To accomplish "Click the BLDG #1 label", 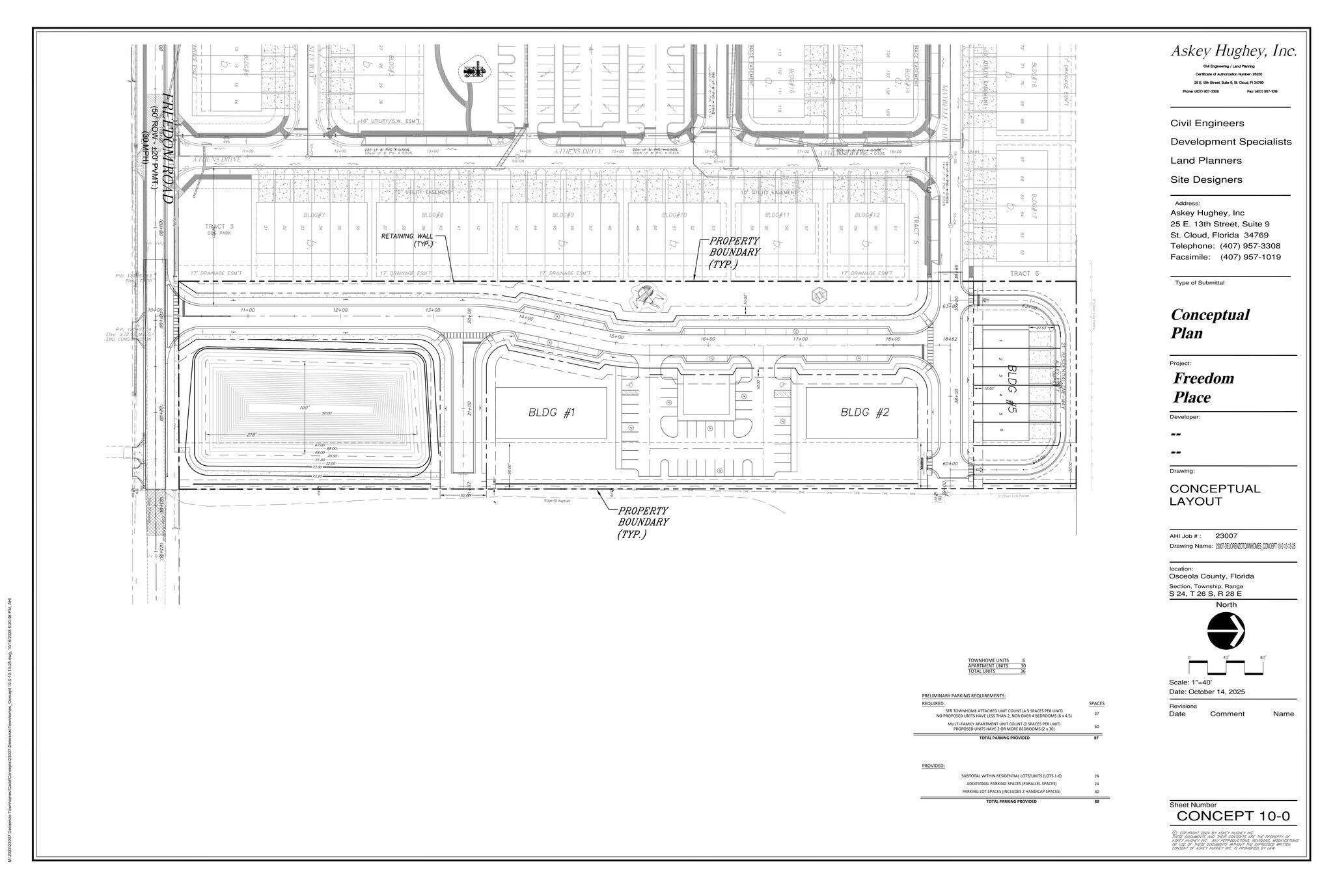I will pyautogui.click(x=551, y=412).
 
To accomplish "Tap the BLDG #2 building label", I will pyautogui.click(x=864, y=412).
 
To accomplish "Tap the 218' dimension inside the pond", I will pyautogui.click(x=253, y=435).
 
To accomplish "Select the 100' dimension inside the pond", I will pyautogui.click(x=303, y=407).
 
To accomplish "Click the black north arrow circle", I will pyautogui.click(x=1226, y=630).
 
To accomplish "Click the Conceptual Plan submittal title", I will pyautogui.click(x=1209, y=323).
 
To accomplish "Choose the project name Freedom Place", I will pyautogui.click(x=1203, y=388).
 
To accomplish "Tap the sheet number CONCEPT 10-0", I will pyautogui.click(x=1233, y=816).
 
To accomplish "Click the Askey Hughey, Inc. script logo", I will pyautogui.click(x=1234, y=51).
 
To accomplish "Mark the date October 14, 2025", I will pyautogui.click(x=1217, y=692).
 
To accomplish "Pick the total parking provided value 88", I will pyautogui.click(x=1097, y=801).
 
